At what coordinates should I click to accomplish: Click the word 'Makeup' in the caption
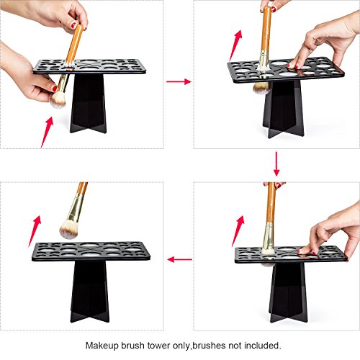(x=102, y=346)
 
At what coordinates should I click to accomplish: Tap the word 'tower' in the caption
(x=158, y=346)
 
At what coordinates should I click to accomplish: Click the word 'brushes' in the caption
(x=209, y=346)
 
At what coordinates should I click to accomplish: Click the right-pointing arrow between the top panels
(x=179, y=81)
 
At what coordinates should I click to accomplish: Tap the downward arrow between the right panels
(x=276, y=163)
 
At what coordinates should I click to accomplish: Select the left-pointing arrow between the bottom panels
(x=180, y=259)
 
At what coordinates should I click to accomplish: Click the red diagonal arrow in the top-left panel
(x=47, y=132)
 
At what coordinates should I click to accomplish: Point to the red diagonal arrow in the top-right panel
(x=235, y=45)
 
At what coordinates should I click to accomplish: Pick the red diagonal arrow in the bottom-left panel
(x=35, y=231)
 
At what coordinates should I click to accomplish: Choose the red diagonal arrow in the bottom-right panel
(x=238, y=231)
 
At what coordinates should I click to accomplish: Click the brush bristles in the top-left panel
(x=58, y=100)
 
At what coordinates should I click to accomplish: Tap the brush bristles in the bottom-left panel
(x=68, y=230)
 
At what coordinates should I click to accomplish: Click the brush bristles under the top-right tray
(x=261, y=88)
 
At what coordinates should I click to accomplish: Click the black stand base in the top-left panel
(x=89, y=103)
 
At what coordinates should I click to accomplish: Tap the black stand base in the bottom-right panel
(x=289, y=292)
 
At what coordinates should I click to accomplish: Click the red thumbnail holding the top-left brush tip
(x=55, y=89)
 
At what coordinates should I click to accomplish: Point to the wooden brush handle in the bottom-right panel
(x=271, y=202)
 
